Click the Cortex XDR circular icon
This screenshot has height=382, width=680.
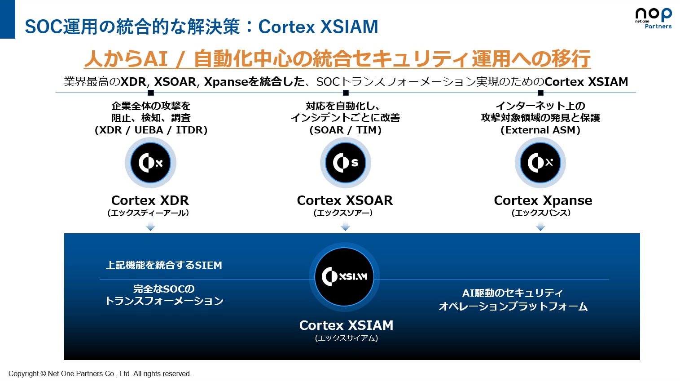150,163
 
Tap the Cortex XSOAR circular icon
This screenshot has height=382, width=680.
346,163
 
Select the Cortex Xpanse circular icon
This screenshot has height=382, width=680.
540,163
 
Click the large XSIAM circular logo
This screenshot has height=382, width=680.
344,277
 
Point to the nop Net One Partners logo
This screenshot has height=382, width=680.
653,18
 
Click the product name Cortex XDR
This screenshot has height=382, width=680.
150,200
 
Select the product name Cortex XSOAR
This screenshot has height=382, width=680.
345,200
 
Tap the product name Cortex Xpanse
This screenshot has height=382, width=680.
543,200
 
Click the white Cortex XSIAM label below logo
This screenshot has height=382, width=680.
347,325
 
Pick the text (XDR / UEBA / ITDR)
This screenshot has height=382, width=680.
151,130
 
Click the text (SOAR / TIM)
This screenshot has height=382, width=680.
346,130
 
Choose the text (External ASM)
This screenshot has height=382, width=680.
540,130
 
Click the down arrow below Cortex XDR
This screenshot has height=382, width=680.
150,227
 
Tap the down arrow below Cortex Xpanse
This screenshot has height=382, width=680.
540,227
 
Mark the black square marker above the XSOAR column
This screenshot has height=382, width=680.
346,93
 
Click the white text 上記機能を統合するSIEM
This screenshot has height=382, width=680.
164,265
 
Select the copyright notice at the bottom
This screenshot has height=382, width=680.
100,373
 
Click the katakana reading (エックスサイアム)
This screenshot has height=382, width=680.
347,338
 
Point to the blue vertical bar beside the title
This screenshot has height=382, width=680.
8,19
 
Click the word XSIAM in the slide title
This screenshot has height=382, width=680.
349,27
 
